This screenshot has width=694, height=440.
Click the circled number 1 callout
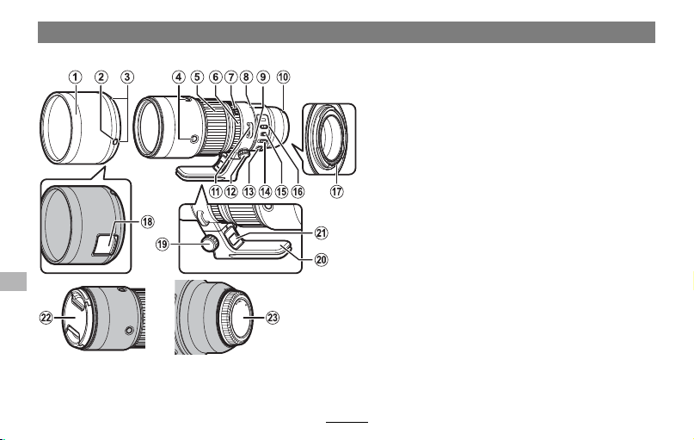pyautogui.click(x=75, y=77)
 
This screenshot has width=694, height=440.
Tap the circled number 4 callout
pyautogui.click(x=178, y=77)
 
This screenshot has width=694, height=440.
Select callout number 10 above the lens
pyautogui.click(x=283, y=77)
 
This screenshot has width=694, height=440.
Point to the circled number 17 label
pyautogui.click(x=337, y=191)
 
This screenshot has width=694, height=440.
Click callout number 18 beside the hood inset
pyautogui.click(x=147, y=221)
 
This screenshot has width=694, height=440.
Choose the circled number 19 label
pyautogui.click(x=163, y=244)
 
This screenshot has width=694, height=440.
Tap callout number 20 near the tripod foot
pyautogui.click(x=322, y=259)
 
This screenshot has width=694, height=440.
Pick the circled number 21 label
pyautogui.click(x=322, y=232)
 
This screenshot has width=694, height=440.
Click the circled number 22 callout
pyautogui.click(x=46, y=317)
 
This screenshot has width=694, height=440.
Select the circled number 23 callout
pyautogui.click(x=273, y=317)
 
